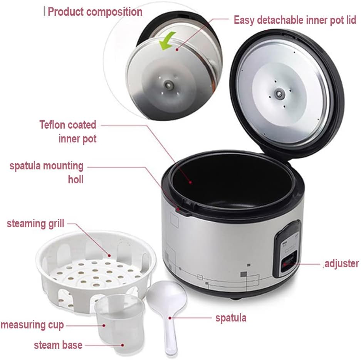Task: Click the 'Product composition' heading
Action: coord(95,12)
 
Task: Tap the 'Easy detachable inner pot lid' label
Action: coord(295,20)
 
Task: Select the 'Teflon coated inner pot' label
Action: coord(68,131)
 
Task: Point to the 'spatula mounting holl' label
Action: coord(47,172)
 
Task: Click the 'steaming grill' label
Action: coord(35,223)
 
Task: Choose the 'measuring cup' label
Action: coord(32,325)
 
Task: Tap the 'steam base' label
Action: coord(58,345)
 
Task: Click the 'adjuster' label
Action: coord(342,264)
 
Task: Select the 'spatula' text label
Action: coord(231,318)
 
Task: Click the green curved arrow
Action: coord(168,41)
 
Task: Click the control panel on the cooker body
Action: coord(287,248)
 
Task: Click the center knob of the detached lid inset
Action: coord(168,84)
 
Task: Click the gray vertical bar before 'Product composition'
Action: coord(44,12)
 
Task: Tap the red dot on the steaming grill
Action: coord(109,255)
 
